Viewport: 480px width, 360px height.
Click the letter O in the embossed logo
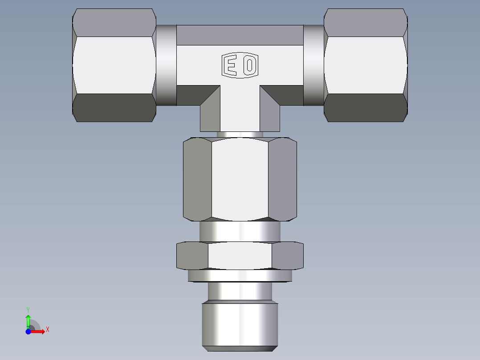click(x=250, y=66)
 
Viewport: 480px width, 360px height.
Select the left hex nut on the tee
click(x=114, y=65)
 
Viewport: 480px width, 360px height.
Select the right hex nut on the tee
click(x=366, y=65)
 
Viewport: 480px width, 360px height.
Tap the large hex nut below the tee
click(x=240, y=180)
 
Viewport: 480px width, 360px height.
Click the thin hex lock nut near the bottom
click(x=240, y=256)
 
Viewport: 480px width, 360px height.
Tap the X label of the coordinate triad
click(x=48, y=330)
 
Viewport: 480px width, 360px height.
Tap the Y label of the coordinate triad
click(x=28, y=309)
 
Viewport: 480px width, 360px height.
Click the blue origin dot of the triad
click(x=28, y=331)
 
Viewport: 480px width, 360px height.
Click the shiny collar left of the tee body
click(x=166, y=65)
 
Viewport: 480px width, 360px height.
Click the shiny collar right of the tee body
click(x=314, y=65)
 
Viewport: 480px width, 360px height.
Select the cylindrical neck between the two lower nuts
click(x=240, y=232)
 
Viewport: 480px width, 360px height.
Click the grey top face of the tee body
click(x=240, y=35)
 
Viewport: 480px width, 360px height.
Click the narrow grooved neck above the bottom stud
click(x=240, y=291)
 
